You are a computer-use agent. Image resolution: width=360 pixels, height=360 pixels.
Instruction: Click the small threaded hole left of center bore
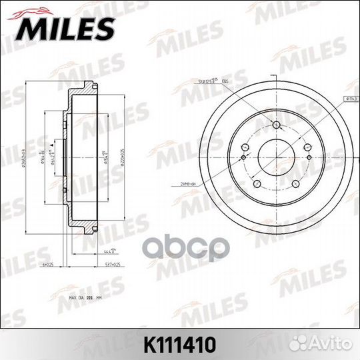[245, 158]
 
